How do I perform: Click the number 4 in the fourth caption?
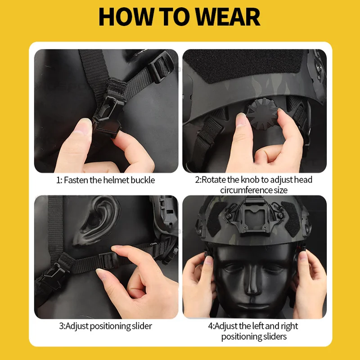[211, 326]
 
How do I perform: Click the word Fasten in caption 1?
[76, 180]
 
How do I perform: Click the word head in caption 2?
[303, 180]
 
